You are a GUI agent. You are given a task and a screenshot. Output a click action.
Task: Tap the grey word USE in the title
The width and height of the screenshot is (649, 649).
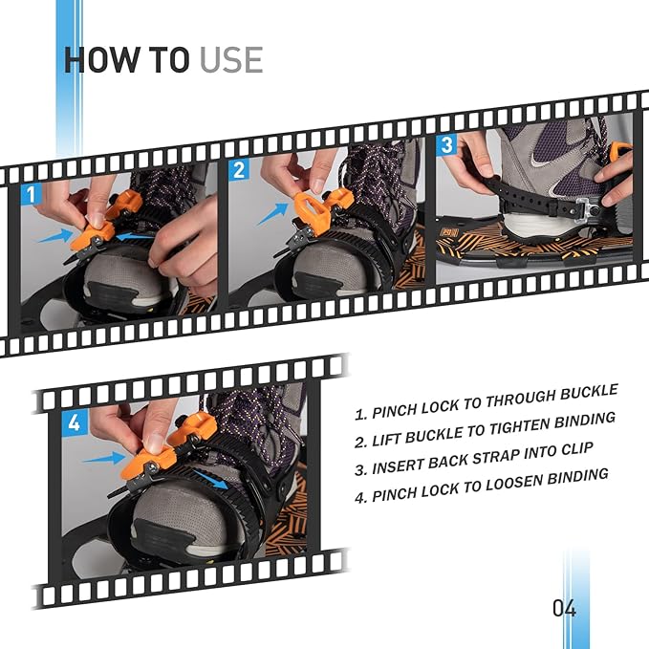tap(230, 59)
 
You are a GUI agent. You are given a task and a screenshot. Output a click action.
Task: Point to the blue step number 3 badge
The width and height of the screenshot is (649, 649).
tap(446, 144)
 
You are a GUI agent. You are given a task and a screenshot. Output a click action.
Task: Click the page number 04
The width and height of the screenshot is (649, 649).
tap(564, 608)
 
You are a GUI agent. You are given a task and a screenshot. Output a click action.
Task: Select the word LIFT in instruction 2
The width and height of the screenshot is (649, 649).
tap(388, 440)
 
